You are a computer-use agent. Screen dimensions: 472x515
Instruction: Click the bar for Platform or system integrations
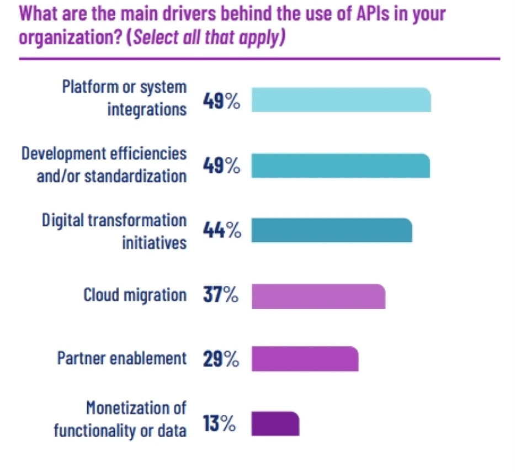click(x=341, y=100)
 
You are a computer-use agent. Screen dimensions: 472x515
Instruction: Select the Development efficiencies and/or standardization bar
click(x=340, y=166)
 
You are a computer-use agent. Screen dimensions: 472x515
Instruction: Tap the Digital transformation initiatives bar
click(x=331, y=230)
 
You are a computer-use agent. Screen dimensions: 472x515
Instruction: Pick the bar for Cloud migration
click(x=318, y=296)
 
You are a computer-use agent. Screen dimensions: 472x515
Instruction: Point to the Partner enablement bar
click(x=305, y=359)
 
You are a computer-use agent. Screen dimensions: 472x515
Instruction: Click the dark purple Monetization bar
click(x=275, y=423)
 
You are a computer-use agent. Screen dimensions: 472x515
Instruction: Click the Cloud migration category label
click(x=135, y=295)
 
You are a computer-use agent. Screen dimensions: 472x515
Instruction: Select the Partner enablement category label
click(x=122, y=359)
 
